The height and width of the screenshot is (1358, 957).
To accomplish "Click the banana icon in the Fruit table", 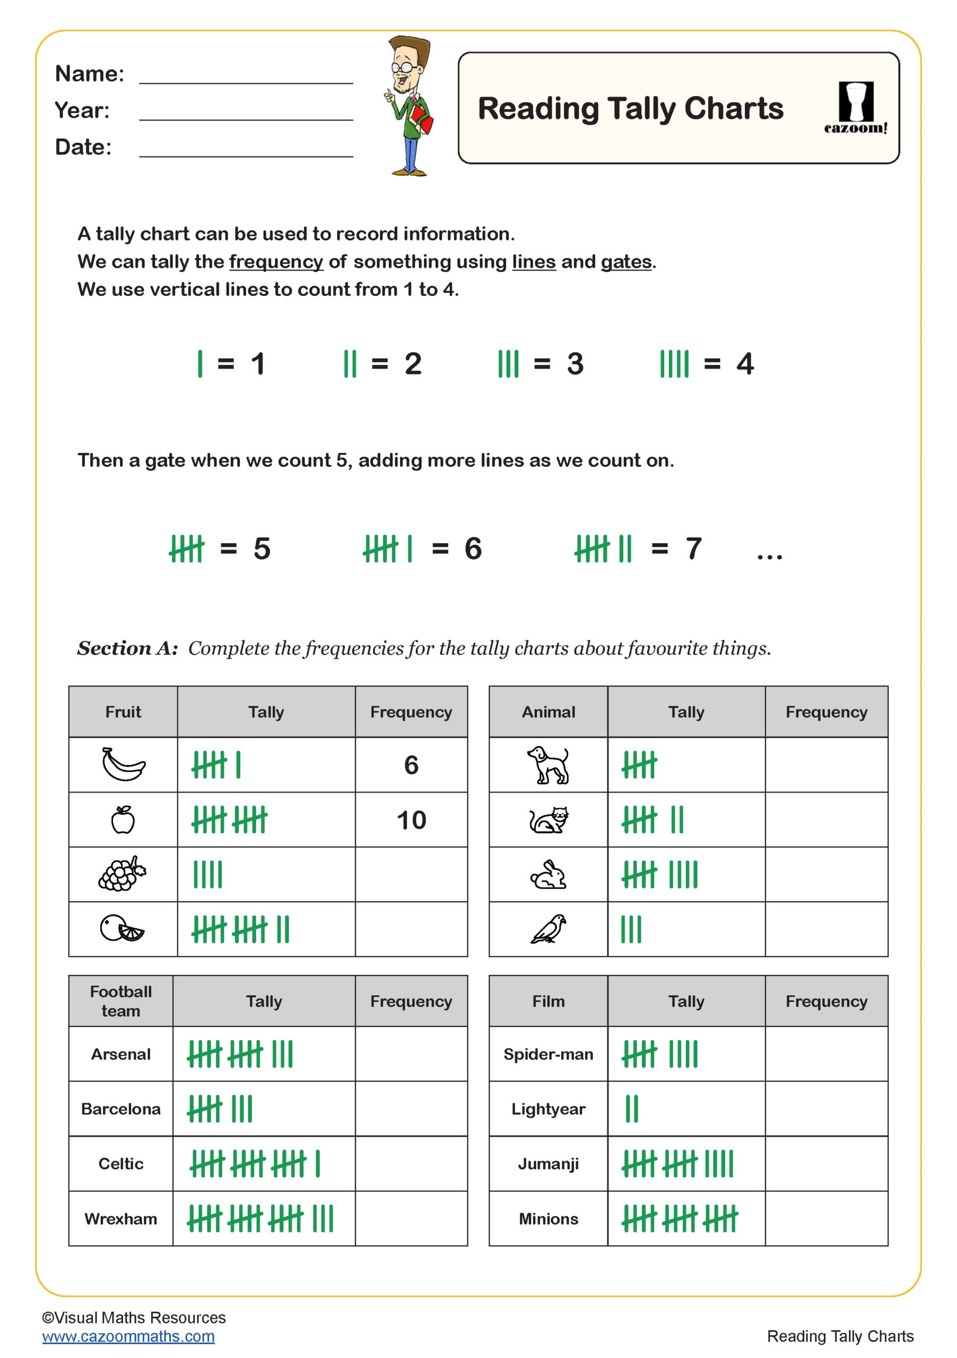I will (123, 764).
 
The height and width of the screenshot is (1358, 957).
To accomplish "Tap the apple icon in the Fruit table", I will (123, 820).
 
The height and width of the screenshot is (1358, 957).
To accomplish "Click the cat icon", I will (549, 820).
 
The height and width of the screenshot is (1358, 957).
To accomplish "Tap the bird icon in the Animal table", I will (549, 929).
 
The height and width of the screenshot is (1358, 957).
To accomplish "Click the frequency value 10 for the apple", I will (411, 820).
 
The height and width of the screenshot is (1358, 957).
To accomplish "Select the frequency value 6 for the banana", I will (411, 765).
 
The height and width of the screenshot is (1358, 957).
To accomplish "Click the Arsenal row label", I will (120, 1054).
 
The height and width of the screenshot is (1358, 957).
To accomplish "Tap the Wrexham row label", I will (120, 1218).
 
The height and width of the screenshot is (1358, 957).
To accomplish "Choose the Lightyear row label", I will (549, 1109).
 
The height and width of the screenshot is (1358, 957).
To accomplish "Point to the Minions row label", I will (549, 1218).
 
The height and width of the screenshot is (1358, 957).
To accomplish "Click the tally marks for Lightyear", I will (632, 1109).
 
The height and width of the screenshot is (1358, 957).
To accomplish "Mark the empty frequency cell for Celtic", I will (411, 1163).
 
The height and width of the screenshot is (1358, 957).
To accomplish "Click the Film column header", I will (549, 1002).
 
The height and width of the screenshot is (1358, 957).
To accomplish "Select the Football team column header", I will (120, 1002).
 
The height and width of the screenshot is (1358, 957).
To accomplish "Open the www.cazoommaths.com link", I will (128, 1336).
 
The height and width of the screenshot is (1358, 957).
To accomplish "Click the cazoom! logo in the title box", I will (855, 108).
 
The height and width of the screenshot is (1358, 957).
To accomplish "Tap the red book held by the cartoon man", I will (422, 118).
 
